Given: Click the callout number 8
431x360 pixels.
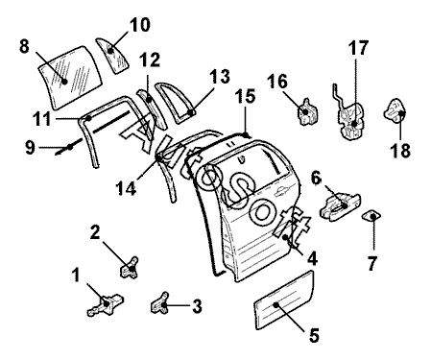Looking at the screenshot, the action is (x=24, y=46).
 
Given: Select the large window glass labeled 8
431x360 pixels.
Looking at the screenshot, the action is (x=70, y=76).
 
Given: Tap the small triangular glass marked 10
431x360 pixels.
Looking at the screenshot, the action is (x=112, y=55).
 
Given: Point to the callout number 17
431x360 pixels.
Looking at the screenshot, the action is (x=358, y=48).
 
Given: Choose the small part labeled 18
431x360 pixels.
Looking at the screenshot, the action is (x=395, y=112).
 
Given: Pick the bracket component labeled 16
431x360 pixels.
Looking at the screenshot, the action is (x=308, y=112).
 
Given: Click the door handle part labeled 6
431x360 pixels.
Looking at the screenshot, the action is (x=341, y=204).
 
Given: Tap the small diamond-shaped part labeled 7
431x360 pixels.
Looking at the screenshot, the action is (x=371, y=216).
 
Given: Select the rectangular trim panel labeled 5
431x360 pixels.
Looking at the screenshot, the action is (x=283, y=300).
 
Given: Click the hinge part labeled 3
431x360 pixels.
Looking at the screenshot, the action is (x=160, y=303).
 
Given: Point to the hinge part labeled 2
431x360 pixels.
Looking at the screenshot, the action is (x=130, y=268).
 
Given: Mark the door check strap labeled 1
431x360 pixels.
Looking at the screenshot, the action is (x=106, y=304).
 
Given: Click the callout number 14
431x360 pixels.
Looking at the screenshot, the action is (x=126, y=188).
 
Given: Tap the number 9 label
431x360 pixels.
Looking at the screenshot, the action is (x=30, y=148).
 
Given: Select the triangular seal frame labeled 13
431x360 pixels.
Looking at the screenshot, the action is (x=176, y=103).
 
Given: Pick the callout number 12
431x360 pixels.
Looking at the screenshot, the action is (x=150, y=60).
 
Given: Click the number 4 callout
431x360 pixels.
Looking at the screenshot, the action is (x=311, y=258).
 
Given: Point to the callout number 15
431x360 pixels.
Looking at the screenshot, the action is (x=245, y=96).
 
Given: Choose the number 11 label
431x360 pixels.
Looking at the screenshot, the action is (x=42, y=119).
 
